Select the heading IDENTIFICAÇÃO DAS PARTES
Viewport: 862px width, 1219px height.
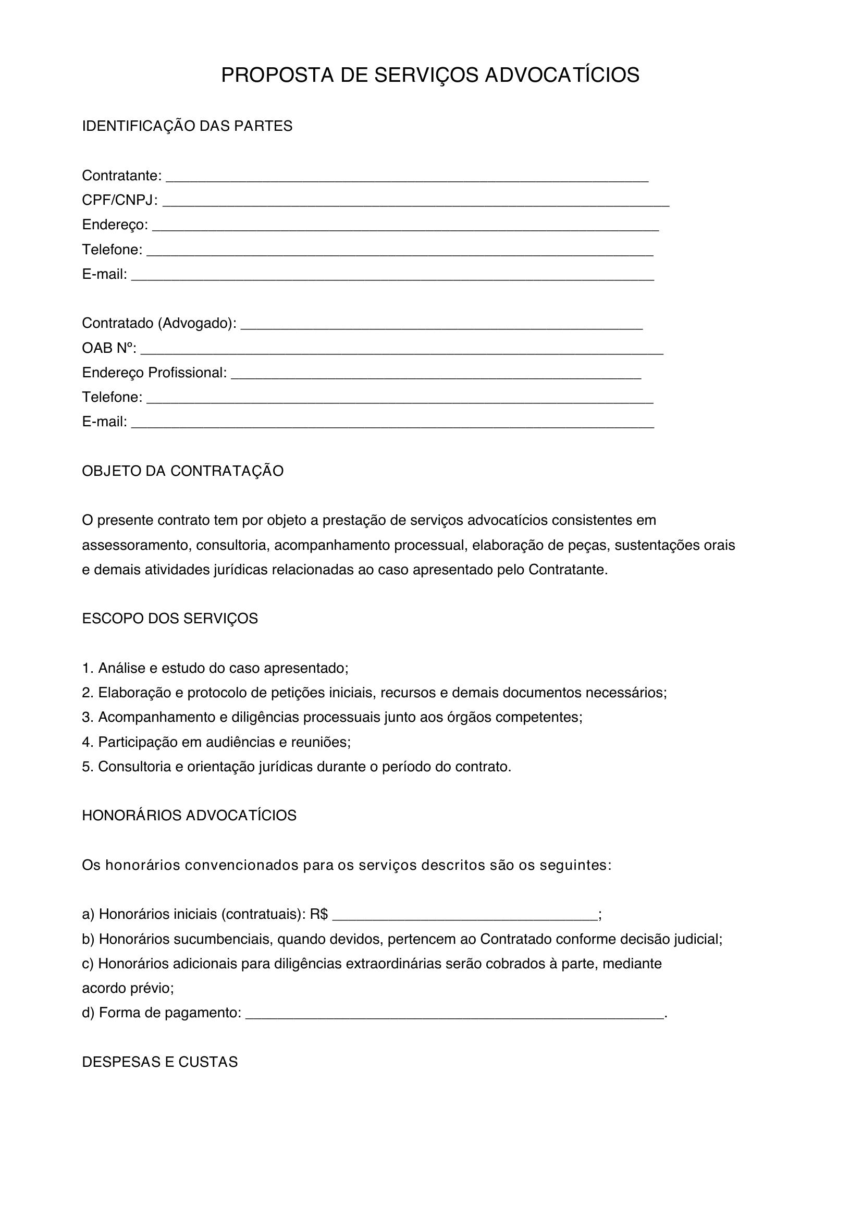pyautogui.click(x=187, y=126)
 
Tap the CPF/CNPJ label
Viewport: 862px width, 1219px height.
pyautogui.click(x=119, y=200)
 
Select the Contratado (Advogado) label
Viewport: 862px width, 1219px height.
pyautogui.click(x=159, y=323)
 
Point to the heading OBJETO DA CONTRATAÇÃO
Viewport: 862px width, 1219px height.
pyautogui.click(x=182, y=471)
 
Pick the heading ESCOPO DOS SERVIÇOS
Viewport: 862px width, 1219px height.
pyautogui.click(x=170, y=619)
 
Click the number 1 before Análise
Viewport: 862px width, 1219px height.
pyautogui.click(x=86, y=668)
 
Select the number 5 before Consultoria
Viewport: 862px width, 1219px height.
pyautogui.click(x=86, y=767)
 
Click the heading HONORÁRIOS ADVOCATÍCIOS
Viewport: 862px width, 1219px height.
pyautogui.click(x=189, y=816)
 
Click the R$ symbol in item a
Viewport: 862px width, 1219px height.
pyautogui.click(x=318, y=914)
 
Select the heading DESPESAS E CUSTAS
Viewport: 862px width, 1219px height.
pyautogui.click(x=160, y=1062)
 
